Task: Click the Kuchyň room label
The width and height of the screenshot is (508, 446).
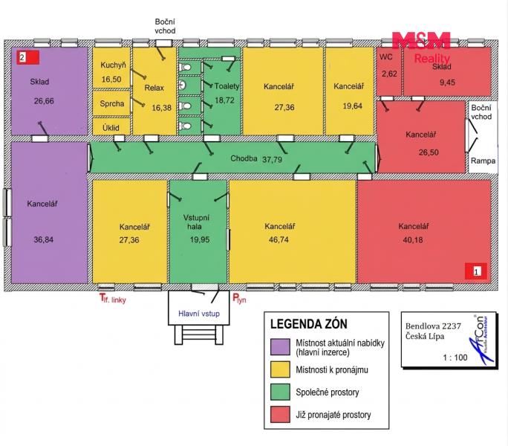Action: (x=113, y=65)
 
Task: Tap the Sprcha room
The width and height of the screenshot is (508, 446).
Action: (x=111, y=104)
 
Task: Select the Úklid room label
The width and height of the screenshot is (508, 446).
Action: (x=111, y=128)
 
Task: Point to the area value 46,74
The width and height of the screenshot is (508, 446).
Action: (x=279, y=239)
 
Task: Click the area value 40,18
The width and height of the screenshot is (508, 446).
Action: (x=413, y=240)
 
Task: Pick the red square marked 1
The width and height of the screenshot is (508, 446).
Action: (x=476, y=271)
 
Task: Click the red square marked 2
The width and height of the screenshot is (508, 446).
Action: (x=28, y=57)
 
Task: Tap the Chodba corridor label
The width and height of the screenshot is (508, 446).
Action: (x=244, y=158)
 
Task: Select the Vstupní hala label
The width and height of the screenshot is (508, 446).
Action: (x=196, y=222)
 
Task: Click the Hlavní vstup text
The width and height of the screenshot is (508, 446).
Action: (x=199, y=314)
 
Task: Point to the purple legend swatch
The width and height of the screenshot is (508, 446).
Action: (x=280, y=346)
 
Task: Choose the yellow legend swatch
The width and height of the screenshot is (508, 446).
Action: (x=280, y=369)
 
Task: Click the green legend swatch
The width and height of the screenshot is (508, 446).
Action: (x=280, y=392)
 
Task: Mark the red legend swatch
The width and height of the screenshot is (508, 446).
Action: (x=280, y=414)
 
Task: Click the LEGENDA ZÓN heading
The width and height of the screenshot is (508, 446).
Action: (x=309, y=324)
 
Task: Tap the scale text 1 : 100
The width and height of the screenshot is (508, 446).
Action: (x=455, y=358)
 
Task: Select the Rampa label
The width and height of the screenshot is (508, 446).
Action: (x=483, y=161)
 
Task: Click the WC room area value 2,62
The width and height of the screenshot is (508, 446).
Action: (x=389, y=74)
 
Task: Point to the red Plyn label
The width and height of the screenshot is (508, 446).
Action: (x=239, y=299)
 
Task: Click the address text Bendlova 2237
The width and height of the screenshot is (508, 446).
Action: (x=433, y=326)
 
